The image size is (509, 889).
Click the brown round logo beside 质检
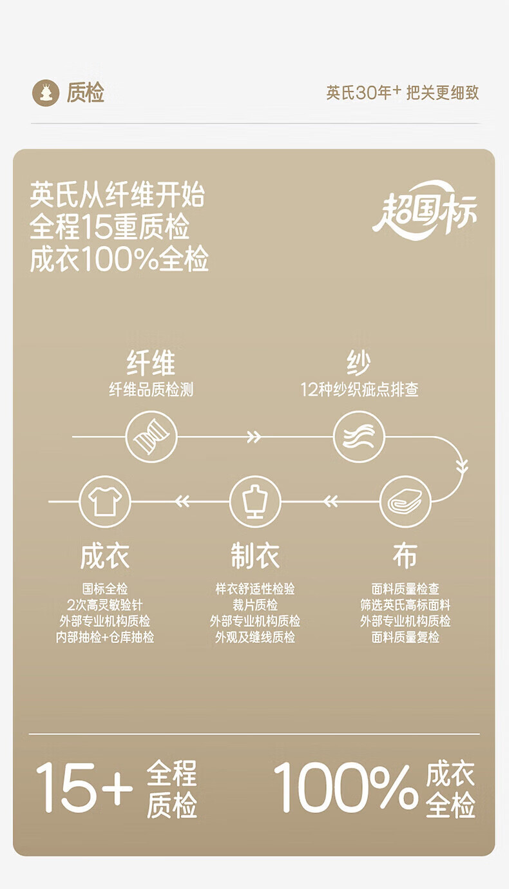tap(45, 93)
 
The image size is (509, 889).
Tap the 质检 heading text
tap(85, 93)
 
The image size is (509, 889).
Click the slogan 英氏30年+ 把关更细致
tap(402, 93)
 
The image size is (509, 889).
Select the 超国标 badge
tap(425, 210)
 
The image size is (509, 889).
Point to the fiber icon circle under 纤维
tap(151, 437)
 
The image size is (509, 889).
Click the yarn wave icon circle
tap(359, 437)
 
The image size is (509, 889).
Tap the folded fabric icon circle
tap(405, 501)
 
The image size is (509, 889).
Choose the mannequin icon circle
tap(255, 501)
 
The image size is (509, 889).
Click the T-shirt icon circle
tap(105, 501)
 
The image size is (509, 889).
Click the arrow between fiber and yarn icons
tap(254, 437)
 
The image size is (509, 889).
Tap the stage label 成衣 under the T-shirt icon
tap(105, 555)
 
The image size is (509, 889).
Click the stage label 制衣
tap(255, 555)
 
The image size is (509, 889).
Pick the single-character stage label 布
tap(405, 555)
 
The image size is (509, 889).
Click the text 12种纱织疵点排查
tap(359, 390)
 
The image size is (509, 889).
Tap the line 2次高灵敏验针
tap(105, 605)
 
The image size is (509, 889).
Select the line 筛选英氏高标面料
tap(405, 605)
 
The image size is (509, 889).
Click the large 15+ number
tap(84, 787)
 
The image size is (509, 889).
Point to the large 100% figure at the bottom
tap(345, 787)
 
